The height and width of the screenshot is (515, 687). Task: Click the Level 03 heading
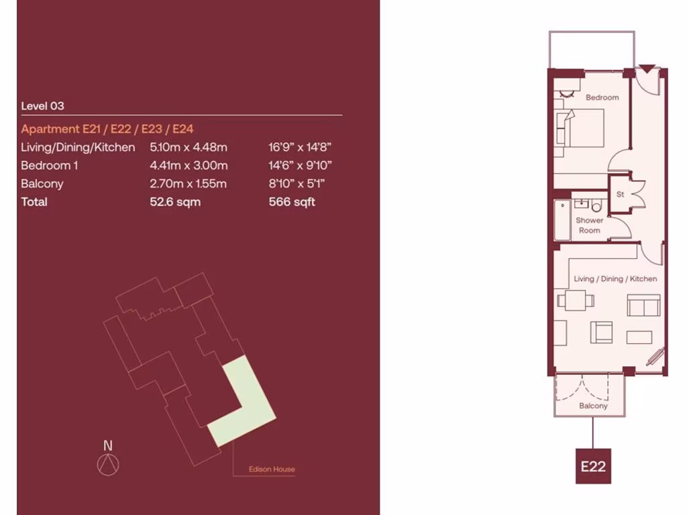42,106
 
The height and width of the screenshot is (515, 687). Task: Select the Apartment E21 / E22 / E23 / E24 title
107,129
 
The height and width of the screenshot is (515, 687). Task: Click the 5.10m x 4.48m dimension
189,148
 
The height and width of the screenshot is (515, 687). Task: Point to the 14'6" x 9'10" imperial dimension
299,166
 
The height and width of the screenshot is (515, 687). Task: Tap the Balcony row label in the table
42,184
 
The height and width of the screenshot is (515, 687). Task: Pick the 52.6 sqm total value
175,202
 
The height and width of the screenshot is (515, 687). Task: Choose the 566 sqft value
291,202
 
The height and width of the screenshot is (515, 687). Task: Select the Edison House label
272,469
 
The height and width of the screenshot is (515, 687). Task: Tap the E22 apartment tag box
593,466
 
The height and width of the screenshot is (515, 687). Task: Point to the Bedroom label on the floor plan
602,98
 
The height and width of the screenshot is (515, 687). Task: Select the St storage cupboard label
620,194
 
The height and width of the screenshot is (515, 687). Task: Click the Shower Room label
589,225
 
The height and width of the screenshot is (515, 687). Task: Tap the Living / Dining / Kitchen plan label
615,279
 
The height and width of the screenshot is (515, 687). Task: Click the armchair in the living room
601,331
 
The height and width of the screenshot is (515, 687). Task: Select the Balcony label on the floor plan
593,406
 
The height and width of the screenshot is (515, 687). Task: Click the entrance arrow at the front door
646,68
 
